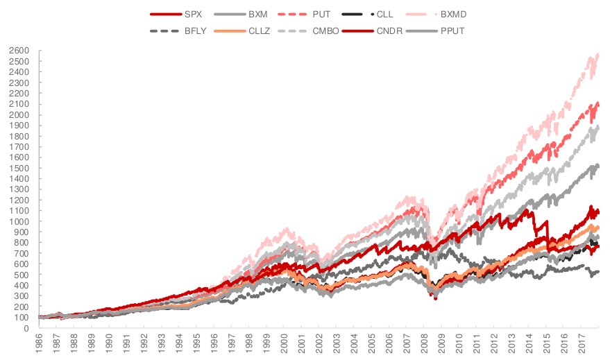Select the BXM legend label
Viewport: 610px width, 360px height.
click(x=257, y=14)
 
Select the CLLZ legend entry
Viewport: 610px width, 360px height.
click(x=261, y=31)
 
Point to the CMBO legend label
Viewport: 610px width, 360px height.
click(x=326, y=31)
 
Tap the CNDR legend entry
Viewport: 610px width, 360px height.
click(x=393, y=31)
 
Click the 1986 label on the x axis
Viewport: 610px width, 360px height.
click(x=40, y=345)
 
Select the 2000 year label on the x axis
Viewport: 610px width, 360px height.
click(x=285, y=345)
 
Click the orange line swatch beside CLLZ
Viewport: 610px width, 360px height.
click(x=232, y=31)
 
